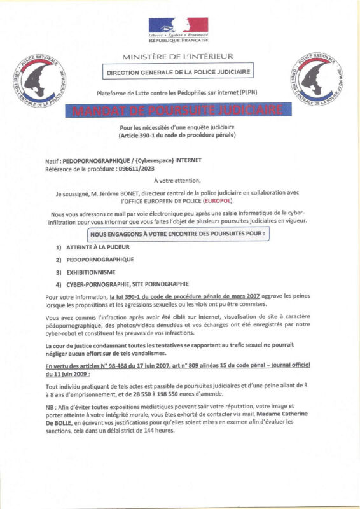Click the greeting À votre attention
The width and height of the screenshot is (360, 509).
click(180, 181)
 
